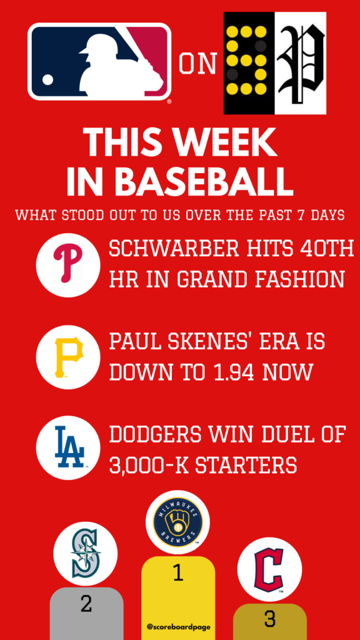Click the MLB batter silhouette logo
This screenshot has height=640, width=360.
[99, 61]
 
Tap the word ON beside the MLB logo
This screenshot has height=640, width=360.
[198, 64]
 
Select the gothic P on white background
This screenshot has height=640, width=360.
[301, 63]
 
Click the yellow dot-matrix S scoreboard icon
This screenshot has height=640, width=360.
[249, 63]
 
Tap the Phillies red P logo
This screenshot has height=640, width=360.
[68, 265]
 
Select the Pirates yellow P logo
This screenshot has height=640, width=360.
[68, 357]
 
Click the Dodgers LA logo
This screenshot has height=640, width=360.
[69, 447]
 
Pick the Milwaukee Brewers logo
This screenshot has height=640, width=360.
[177, 522]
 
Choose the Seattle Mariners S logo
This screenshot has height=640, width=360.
[86, 554]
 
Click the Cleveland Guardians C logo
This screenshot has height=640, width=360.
[270, 569]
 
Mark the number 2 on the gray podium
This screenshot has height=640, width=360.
[86, 603]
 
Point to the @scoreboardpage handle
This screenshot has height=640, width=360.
[178, 626]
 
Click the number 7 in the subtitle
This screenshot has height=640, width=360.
[303, 215]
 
